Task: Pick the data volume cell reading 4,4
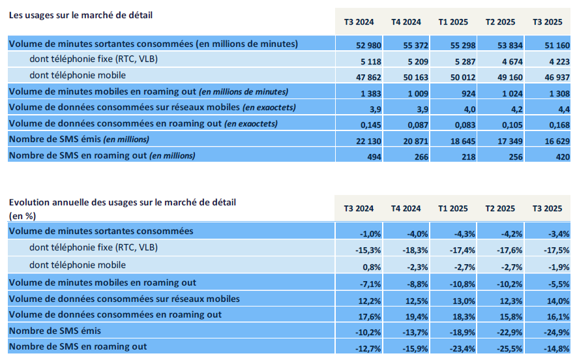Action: coord(554,108)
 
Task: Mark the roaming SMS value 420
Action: coord(554,155)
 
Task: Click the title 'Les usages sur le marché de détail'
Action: coord(80,15)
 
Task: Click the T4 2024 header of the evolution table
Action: coord(406,209)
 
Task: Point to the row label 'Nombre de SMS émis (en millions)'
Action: coord(79,140)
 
